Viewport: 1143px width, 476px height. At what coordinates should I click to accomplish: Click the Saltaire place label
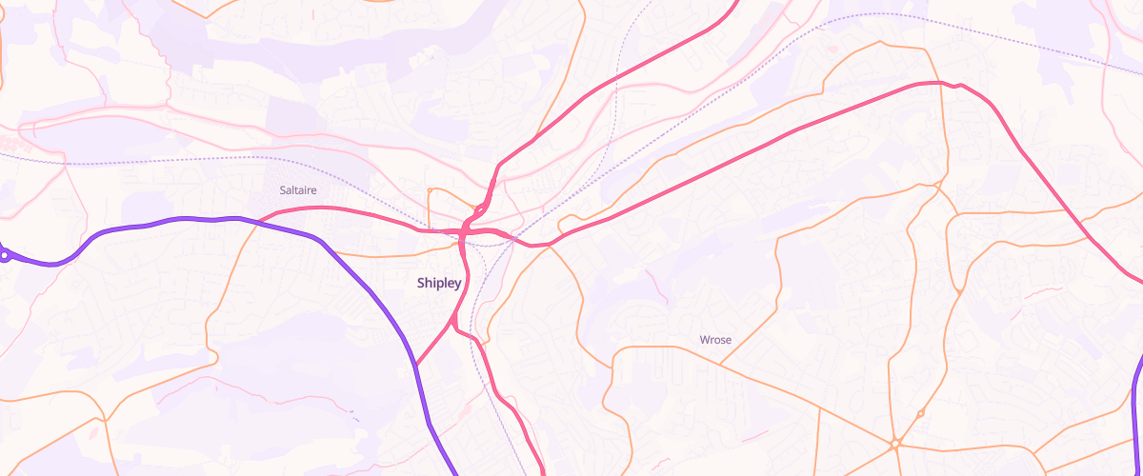(298, 190)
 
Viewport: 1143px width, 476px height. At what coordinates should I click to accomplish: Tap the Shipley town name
(439, 283)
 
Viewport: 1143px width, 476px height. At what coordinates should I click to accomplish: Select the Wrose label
(715, 339)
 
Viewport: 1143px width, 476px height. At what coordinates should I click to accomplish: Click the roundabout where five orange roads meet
(895, 444)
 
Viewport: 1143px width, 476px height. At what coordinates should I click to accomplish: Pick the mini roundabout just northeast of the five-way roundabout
(920, 413)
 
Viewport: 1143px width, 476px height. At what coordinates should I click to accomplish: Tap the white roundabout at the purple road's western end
(5, 254)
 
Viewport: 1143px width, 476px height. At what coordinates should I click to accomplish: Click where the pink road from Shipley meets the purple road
(416, 364)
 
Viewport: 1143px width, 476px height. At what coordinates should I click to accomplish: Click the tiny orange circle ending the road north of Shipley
(431, 190)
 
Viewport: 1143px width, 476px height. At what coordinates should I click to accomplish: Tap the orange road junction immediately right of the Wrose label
(721, 364)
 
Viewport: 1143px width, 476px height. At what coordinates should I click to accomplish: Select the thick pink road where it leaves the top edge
(735, 3)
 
